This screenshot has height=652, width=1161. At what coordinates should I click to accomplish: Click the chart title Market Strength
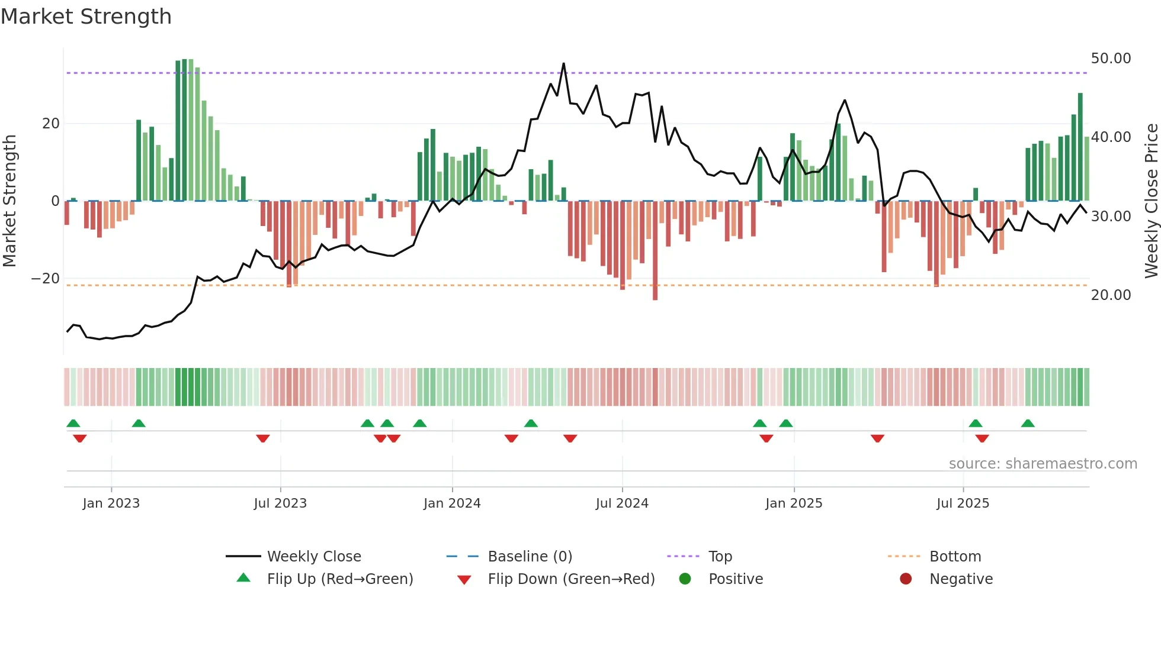coord(86,17)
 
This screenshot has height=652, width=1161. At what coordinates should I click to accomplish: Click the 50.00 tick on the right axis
coord(1111,59)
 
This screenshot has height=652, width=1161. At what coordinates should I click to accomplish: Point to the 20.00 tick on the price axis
coord(1111,295)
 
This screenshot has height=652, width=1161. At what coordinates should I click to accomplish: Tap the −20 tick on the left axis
coord(46,279)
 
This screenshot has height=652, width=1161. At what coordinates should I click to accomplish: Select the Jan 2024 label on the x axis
coord(452,503)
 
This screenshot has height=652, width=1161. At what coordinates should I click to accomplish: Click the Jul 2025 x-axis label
coord(963,503)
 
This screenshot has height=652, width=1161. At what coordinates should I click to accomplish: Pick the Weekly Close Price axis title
coord(1151,201)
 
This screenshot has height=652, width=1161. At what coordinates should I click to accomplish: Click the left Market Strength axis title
coord(9,201)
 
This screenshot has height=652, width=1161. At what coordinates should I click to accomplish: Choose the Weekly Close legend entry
coord(313,557)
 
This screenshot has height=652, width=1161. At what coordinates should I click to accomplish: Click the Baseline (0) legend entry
coord(530,557)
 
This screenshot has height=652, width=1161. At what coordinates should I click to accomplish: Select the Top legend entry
coord(720,557)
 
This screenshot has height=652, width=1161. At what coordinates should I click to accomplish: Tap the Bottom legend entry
coord(955,557)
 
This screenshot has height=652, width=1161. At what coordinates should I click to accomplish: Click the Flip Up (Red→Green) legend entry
coord(339,579)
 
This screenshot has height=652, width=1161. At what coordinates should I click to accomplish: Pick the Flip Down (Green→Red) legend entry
coord(571,579)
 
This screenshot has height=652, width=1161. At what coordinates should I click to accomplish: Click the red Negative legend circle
coord(906,579)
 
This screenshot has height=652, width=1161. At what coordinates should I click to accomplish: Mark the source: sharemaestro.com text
coord(1043,464)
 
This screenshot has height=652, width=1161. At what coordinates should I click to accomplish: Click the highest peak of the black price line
coord(563,64)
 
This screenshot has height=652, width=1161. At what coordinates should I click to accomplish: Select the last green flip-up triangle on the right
coord(1028,424)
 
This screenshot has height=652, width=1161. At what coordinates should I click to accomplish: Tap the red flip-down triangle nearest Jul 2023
coord(263,438)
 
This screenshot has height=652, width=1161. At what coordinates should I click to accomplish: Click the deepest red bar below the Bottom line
coord(655,296)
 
